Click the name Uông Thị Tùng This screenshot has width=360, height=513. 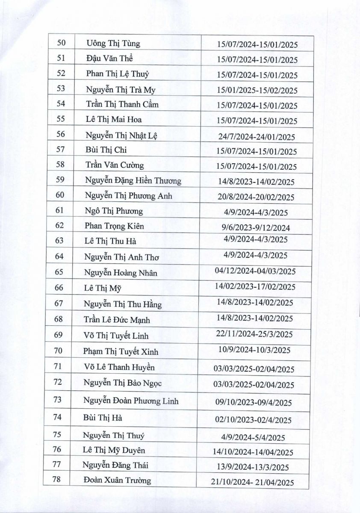point(113,44)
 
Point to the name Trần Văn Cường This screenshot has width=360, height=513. point(115,165)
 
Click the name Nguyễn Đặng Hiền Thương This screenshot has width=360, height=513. point(133,180)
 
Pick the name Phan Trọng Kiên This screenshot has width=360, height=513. point(115,226)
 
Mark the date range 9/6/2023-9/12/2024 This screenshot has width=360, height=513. point(257,227)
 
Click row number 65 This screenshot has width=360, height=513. point(59,272)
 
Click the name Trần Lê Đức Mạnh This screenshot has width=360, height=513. point(117,319)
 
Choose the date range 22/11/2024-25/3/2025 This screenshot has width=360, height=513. point(255,334)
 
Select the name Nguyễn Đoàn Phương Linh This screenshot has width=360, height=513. point(131,401)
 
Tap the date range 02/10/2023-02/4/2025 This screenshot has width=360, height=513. point(254,420)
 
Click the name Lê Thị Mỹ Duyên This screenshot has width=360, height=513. point(114,450)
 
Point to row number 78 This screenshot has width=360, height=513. point(57,480)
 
